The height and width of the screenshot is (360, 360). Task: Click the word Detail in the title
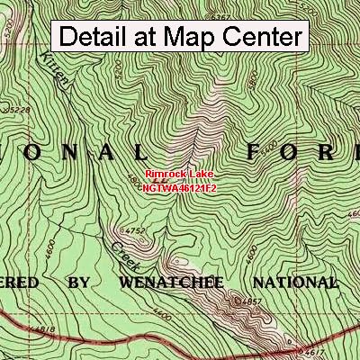(x=98, y=37)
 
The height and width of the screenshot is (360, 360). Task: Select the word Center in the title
(x=263, y=37)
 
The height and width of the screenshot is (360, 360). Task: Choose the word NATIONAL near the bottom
(x=293, y=283)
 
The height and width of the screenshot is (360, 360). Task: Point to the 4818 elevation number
(x=18, y=331)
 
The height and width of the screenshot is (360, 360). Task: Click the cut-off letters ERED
(x=19, y=283)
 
